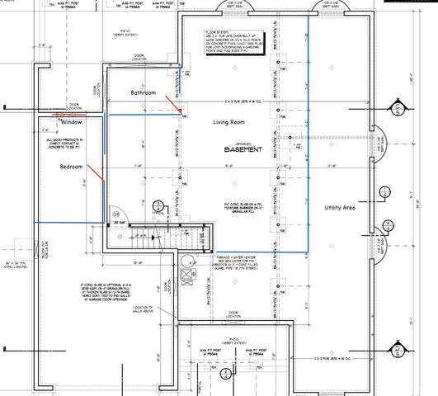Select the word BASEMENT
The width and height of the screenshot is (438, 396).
pos(245,151)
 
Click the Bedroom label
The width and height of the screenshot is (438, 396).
pos(72,167)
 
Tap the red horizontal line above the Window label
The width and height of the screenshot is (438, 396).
pos(63,115)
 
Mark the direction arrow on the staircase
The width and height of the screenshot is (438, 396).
pos(142,236)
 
